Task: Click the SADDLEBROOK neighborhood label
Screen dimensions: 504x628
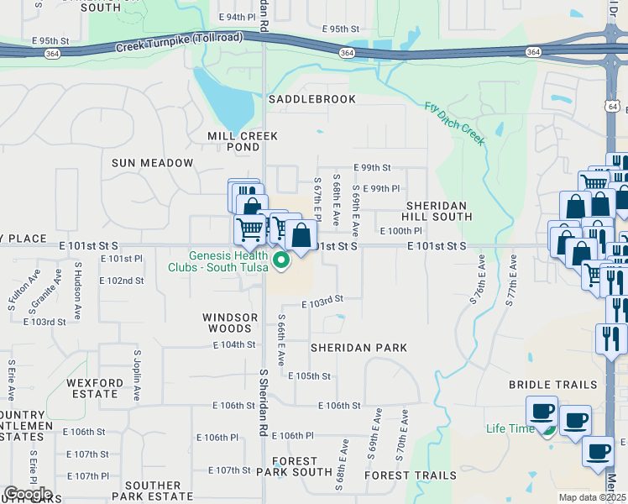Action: click(x=312, y=99)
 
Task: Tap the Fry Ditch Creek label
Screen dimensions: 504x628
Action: click(x=454, y=123)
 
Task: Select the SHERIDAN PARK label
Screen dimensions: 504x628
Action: click(x=358, y=347)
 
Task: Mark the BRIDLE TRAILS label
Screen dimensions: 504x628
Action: click(x=552, y=384)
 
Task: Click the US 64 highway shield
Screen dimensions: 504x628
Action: click(x=614, y=107)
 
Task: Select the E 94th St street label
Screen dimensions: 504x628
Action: click(x=236, y=17)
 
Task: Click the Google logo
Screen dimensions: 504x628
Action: click(x=27, y=494)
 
